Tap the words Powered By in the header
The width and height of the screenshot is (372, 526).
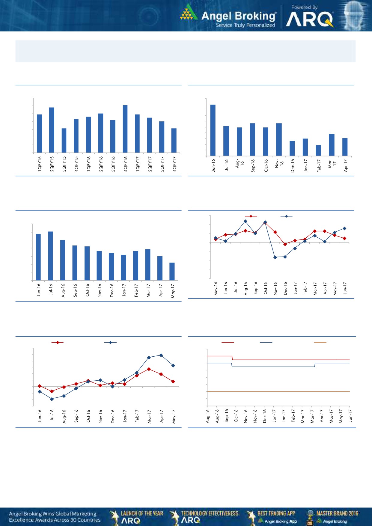pyautogui.click(x=304, y=7)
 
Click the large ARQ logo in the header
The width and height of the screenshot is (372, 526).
pyautogui.click(x=309, y=20)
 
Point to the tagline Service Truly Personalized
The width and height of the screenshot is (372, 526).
pyautogui.click(x=245, y=25)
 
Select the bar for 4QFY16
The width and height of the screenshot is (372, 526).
pyautogui.click(x=125, y=129)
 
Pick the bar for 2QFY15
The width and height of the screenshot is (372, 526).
pyautogui.click(x=52, y=130)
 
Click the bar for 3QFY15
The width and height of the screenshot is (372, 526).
pyautogui.click(x=64, y=141)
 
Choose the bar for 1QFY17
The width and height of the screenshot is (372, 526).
pyautogui.click(x=137, y=134)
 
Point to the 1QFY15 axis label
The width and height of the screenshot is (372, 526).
pyautogui.click(x=40, y=164)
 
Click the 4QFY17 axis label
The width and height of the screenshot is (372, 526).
pyautogui.click(x=174, y=164)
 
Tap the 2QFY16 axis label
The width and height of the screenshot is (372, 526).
pyautogui.click(x=101, y=164)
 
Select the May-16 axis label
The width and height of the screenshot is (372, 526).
pyautogui.click(x=216, y=288)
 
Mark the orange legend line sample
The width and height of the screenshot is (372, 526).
pyautogui.click(x=320, y=342)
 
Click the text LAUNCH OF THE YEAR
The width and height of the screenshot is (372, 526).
pyautogui.click(x=142, y=513)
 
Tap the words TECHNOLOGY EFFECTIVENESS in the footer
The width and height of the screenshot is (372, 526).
pyautogui.click(x=210, y=513)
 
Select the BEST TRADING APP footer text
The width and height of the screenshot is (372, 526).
pyautogui.click(x=276, y=513)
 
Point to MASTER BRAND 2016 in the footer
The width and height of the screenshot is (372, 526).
pyautogui.click(x=337, y=513)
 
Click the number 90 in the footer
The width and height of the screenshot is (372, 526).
pyautogui.click(x=73, y=520)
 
